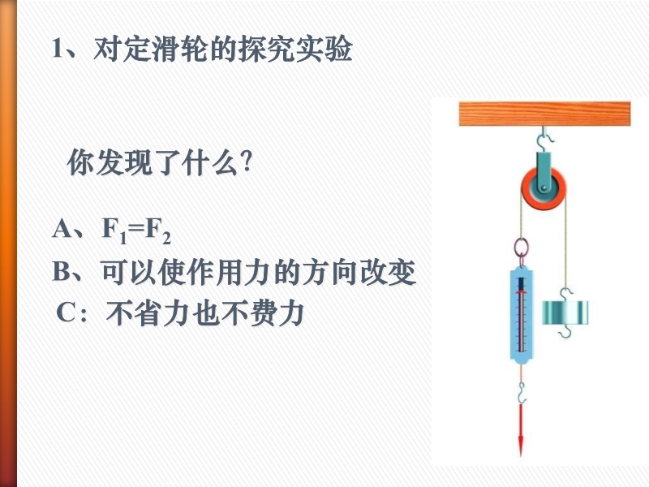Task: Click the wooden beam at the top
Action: click(x=544, y=114)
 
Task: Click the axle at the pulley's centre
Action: click(x=544, y=189)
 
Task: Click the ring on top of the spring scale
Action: click(x=521, y=248)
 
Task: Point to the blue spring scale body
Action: click(x=521, y=316)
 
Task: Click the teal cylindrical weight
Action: click(x=565, y=312)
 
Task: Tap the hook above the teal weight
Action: click(x=565, y=294)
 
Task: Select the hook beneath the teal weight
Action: click(x=565, y=332)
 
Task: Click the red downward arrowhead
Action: click(x=521, y=445)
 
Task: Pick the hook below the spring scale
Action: click(x=522, y=393)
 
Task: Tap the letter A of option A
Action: click(x=62, y=228)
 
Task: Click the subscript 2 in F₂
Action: click(x=166, y=239)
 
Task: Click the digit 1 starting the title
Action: click(x=58, y=49)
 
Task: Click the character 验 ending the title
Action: click(x=338, y=49)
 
